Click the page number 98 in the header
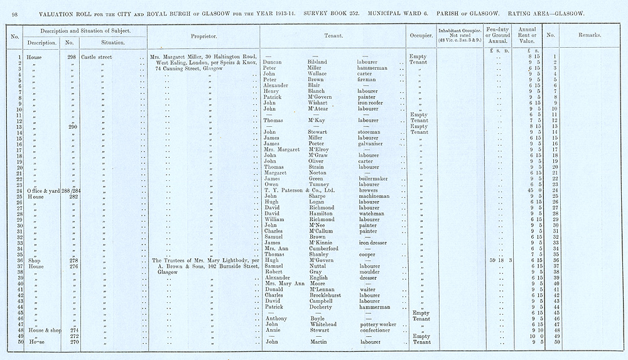point(14,13)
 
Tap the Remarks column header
point(588,36)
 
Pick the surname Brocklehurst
point(328,295)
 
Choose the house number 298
point(72,57)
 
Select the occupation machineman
point(376,196)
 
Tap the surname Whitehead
point(323,324)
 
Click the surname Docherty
point(321,307)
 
